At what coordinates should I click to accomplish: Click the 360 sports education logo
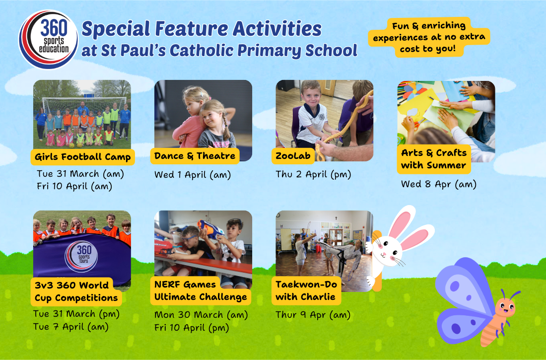[49, 39]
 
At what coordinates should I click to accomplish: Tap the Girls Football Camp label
[83, 157]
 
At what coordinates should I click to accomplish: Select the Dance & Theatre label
[195, 156]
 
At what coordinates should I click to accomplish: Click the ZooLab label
[293, 156]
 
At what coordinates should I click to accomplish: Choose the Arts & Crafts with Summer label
[434, 159]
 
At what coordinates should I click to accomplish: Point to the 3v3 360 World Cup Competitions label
[76, 291]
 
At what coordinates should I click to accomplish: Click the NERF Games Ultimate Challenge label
[201, 290]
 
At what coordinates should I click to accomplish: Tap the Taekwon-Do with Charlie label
[306, 290]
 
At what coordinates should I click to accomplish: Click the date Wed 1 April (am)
[193, 175]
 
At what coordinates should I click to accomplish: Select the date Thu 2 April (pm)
[313, 174]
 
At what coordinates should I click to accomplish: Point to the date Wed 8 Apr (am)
[439, 184]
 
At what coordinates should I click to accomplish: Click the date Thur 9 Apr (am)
[313, 315]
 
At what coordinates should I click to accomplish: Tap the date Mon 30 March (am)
[201, 315]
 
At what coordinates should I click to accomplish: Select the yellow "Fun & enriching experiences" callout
[429, 37]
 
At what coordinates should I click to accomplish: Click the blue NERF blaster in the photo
[211, 229]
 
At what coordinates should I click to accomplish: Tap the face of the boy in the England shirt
[312, 96]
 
